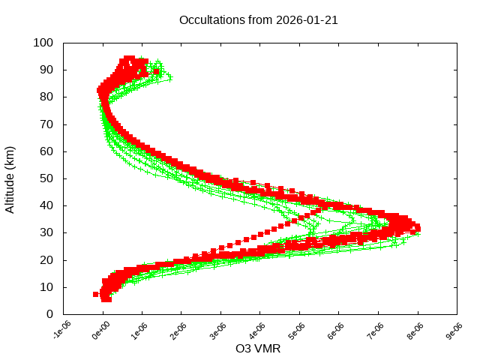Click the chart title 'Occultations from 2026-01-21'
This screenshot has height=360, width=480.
click(259, 20)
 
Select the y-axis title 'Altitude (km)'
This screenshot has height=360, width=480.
click(10, 178)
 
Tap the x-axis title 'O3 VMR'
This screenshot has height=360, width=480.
click(259, 349)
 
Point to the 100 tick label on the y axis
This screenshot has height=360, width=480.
click(43, 43)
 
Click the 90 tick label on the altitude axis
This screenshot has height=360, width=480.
click(46, 70)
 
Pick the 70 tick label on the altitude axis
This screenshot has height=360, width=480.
click(46, 124)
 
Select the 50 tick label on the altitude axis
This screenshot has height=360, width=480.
click(46, 178)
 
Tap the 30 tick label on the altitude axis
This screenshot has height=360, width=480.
click(46, 232)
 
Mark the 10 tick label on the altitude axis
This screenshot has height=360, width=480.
click(46, 286)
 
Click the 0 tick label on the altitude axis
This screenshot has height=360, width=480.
click(49, 313)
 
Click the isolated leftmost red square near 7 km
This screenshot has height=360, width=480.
click(96, 294)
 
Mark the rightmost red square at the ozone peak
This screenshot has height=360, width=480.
click(417, 228)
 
